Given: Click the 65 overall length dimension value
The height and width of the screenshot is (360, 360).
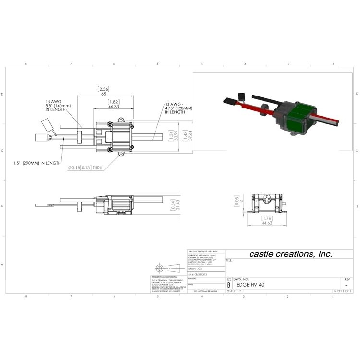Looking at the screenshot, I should point(104,95).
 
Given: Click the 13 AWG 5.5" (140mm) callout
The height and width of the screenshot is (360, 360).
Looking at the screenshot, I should point(58,106).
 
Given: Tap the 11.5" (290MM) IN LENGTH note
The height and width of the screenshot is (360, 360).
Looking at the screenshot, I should point(36,163).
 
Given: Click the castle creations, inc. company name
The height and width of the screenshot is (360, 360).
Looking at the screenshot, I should point(290,254).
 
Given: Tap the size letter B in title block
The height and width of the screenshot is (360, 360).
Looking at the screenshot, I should point(229,285).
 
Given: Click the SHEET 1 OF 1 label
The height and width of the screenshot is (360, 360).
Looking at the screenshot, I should point(343,291).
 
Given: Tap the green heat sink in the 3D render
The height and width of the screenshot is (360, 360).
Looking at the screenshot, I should point(298,118).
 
